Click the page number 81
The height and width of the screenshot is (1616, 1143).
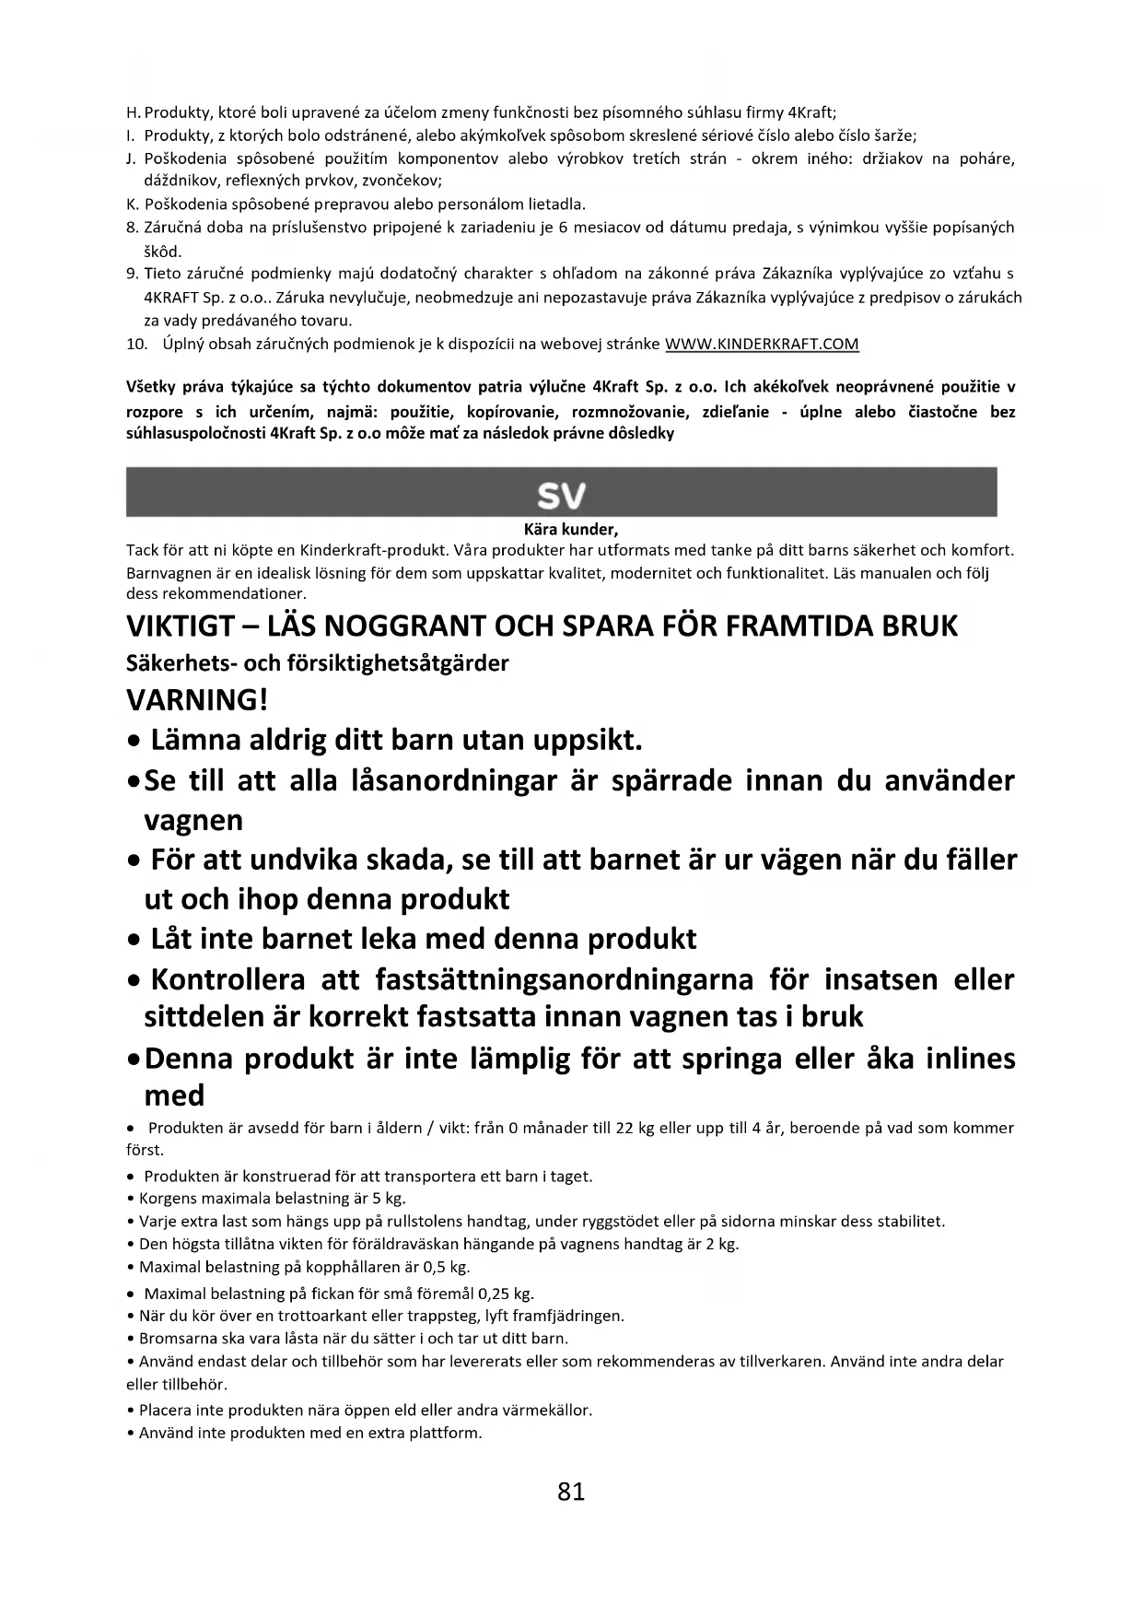[x=571, y=1492]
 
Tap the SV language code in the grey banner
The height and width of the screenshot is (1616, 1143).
[x=561, y=497]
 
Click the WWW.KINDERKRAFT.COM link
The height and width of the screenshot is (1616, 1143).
[x=762, y=345]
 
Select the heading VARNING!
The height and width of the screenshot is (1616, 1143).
[x=197, y=700]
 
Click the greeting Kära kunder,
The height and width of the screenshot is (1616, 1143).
[x=570, y=530]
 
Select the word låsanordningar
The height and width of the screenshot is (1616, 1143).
[x=455, y=780]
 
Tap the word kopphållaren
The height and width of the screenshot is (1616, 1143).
[x=345, y=1267]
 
